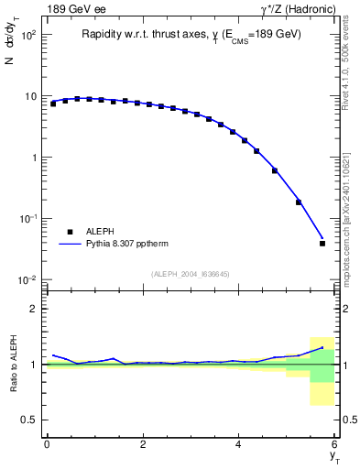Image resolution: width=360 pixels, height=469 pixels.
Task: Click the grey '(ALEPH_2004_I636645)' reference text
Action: (191, 274)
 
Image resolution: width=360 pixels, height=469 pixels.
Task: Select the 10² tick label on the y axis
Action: (27, 35)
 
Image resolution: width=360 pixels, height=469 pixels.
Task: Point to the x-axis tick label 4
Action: (239, 444)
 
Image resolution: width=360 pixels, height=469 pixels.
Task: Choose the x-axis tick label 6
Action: (334, 444)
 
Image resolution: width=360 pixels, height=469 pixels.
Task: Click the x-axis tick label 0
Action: (47, 444)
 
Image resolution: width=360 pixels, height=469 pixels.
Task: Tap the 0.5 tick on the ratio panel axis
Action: (28, 420)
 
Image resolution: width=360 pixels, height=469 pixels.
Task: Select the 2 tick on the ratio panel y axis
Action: (33, 309)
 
